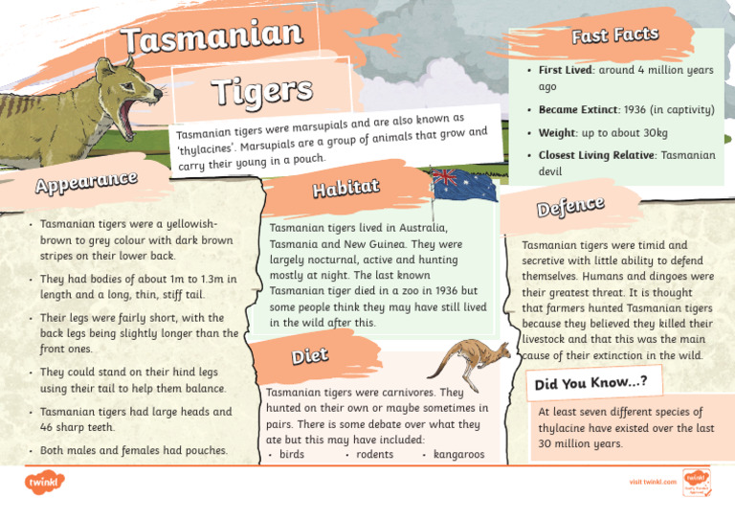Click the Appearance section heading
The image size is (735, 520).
(86, 180)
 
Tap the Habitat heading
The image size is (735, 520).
(346, 188)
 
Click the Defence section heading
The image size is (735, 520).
(570, 205)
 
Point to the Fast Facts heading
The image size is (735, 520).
(614, 36)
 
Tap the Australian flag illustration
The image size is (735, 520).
(464, 185)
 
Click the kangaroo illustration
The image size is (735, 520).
(470, 359)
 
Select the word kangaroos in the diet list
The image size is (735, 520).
(458, 454)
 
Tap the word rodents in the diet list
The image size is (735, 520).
(374, 454)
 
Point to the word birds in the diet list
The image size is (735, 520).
(291, 454)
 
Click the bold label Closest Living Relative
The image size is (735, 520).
(595, 154)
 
